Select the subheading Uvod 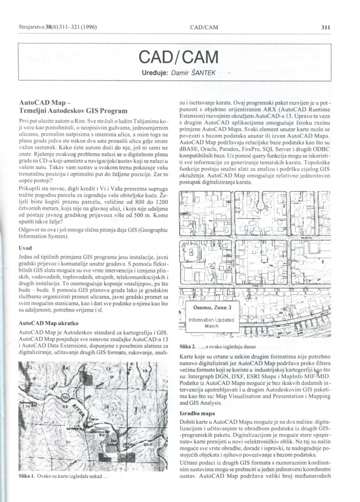tap(26, 248)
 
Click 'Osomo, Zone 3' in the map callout tap(212, 307)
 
